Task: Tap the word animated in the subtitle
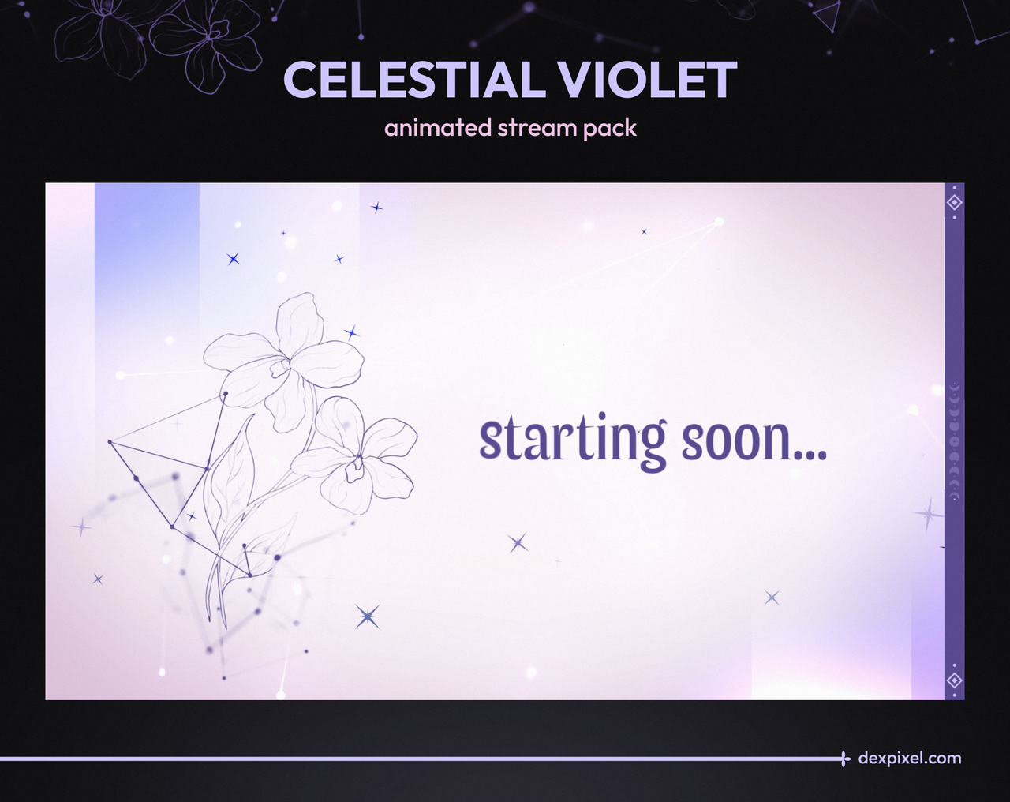click(x=439, y=128)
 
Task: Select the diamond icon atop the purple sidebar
click(x=954, y=202)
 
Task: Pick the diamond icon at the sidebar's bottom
click(x=954, y=680)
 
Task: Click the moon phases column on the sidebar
click(x=954, y=442)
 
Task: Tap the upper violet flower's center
click(x=281, y=367)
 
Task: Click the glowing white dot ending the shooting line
click(x=719, y=222)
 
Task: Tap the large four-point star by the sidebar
click(x=927, y=514)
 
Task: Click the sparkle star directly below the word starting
click(x=518, y=543)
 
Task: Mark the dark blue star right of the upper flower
click(x=352, y=333)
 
